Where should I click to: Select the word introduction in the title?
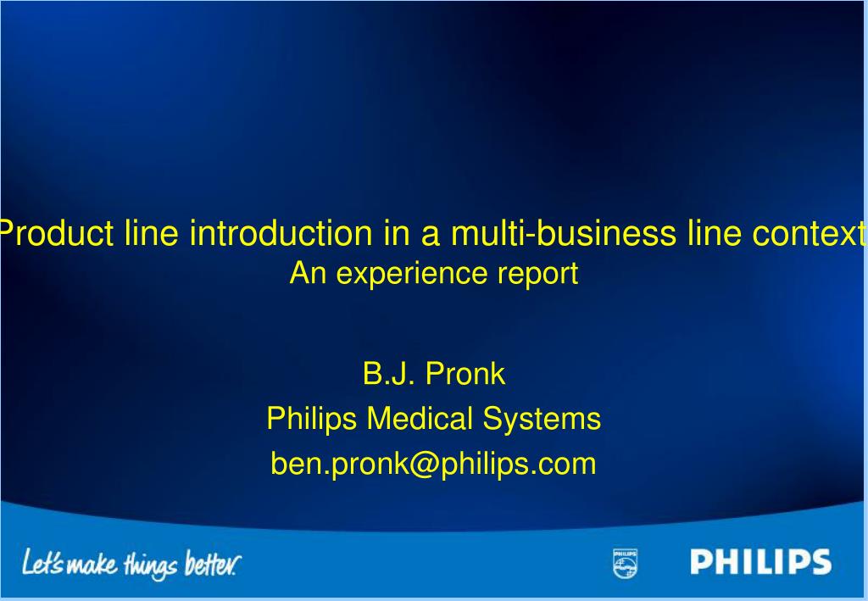click(x=281, y=233)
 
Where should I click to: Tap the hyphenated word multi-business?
click(x=559, y=233)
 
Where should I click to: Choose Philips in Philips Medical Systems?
click(x=311, y=419)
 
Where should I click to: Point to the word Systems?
click(x=542, y=419)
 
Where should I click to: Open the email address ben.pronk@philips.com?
click(x=433, y=464)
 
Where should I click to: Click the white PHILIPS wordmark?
click(x=760, y=562)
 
